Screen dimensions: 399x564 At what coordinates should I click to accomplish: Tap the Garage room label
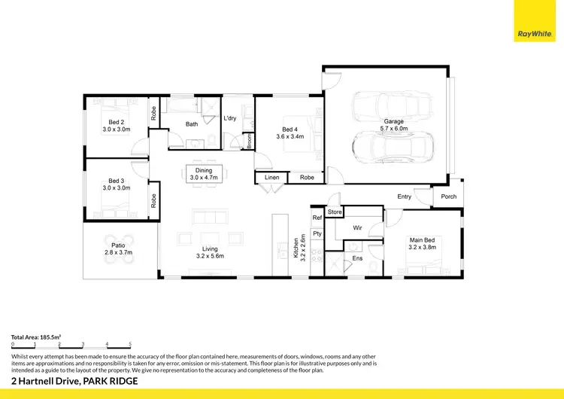point(393,125)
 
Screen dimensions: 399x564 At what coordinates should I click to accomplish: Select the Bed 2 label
point(117,126)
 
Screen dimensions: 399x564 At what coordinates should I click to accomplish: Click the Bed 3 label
point(117,184)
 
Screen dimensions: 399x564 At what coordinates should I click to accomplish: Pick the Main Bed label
point(421,242)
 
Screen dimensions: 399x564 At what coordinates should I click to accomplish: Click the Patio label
point(118,249)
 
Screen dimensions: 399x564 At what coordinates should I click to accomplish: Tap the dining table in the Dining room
point(204,174)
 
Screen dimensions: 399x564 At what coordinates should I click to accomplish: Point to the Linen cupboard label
point(271,178)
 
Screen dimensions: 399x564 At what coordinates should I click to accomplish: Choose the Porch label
point(448,196)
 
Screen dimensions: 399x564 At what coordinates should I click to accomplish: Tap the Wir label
point(357,227)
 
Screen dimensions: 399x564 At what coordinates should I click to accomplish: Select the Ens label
point(357,258)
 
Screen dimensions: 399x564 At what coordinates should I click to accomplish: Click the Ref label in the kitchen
point(317,217)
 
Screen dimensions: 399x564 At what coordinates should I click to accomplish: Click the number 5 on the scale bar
point(130,343)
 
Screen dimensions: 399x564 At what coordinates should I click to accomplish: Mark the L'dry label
point(230,119)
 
